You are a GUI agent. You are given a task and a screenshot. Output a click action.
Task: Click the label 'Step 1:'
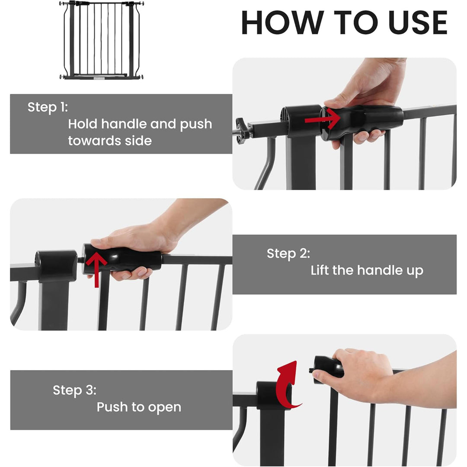(x=48, y=107)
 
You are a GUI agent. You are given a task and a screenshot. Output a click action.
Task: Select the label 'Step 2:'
(x=288, y=253)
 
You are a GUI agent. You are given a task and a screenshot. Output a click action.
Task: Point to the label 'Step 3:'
(x=74, y=390)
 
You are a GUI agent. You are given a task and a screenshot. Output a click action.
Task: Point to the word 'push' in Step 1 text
(x=196, y=124)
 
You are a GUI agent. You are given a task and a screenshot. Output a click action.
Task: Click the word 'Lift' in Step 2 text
(x=320, y=271)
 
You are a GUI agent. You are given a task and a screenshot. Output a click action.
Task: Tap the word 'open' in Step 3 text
(x=164, y=407)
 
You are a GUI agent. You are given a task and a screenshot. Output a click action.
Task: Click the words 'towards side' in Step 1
(x=110, y=141)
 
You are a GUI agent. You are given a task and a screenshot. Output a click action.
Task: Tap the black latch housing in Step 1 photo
(x=301, y=121)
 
